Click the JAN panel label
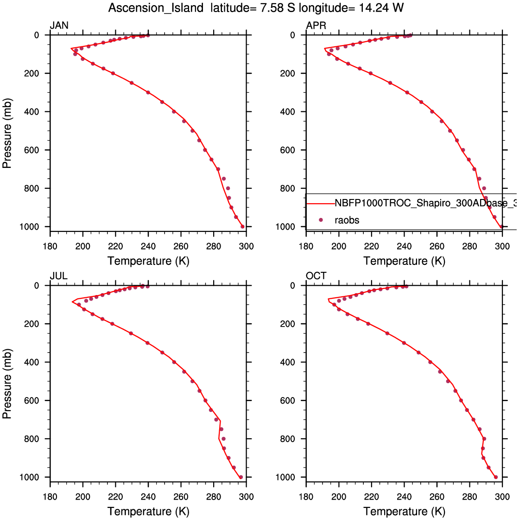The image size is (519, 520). click(59, 26)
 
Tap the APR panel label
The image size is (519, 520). click(316, 26)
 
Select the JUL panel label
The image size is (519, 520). click(58, 276)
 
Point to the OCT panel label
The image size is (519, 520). click(316, 276)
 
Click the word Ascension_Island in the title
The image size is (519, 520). click(156, 8)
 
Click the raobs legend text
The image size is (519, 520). click(347, 220)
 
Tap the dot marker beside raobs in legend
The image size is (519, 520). click(320, 220)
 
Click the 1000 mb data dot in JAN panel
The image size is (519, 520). click(242, 226)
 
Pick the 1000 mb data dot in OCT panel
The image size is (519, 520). click(496, 477)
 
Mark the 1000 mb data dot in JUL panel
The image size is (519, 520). click(241, 477)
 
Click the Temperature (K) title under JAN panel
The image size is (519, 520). click(148, 261)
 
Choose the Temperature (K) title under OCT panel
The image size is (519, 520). click(404, 511)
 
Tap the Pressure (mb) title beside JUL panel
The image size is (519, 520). click(7, 383)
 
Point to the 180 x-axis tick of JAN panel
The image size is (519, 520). click(50, 246)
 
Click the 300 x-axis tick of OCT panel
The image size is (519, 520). click(502, 497)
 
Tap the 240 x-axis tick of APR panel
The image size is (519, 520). click(404, 246)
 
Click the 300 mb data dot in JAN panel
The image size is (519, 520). click(148, 92)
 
